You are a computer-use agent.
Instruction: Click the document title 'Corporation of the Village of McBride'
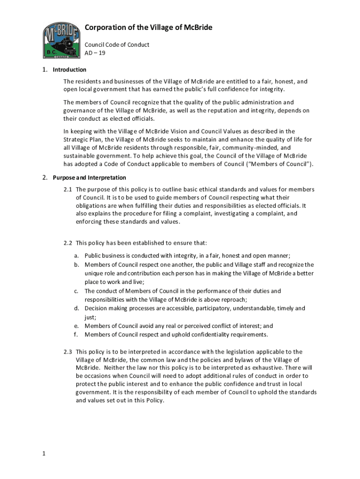148,28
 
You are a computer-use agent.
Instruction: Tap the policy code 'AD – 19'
95,53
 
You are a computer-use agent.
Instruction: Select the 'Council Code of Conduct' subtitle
117,44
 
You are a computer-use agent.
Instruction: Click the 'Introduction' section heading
69,70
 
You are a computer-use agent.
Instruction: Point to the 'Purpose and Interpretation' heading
89,178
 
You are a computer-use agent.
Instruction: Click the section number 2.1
68,189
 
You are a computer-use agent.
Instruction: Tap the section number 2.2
68,243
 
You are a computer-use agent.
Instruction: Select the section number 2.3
68,352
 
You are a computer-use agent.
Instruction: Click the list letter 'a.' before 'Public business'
76,255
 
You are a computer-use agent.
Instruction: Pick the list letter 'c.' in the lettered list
76,291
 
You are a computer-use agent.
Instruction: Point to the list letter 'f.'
76,334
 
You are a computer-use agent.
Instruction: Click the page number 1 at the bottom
43,453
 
